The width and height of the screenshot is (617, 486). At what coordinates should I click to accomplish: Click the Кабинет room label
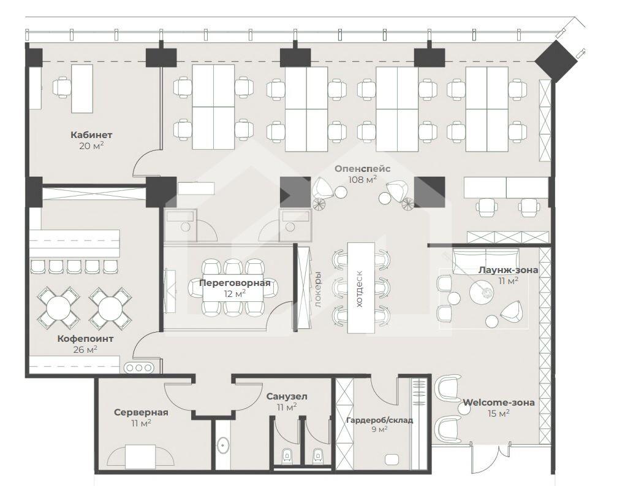click(x=91, y=135)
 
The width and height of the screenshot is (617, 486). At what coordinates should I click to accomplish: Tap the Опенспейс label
click(x=362, y=169)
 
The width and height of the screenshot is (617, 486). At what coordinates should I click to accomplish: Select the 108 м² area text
click(x=362, y=180)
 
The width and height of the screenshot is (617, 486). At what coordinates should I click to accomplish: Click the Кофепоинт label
click(x=85, y=339)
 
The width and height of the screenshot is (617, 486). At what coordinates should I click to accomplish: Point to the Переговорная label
click(x=235, y=283)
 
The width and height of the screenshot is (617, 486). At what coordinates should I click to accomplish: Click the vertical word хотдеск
click(x=359, y=289)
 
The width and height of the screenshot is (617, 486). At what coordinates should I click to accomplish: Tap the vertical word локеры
click(x=318, y=290)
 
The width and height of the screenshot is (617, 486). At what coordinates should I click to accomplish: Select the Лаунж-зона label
click(x=509, y=270)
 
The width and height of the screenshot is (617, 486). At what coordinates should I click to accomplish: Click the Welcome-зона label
click(x=499, y=403)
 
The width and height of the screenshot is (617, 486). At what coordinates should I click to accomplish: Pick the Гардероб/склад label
click(x=379, y=420)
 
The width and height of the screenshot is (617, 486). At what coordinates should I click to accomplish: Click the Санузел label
click(x=287, y=396)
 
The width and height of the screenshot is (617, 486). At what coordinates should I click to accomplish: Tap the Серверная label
click(x=141, y=412)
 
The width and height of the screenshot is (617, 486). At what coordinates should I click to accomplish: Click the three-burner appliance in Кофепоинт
click(x=138, y=368)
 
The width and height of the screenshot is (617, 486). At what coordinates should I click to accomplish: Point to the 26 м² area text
click(x=85, y=350)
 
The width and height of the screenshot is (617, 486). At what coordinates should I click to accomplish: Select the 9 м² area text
click(x=379, y=430)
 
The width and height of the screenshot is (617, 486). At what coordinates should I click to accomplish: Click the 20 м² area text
click(x=91, y=146)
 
